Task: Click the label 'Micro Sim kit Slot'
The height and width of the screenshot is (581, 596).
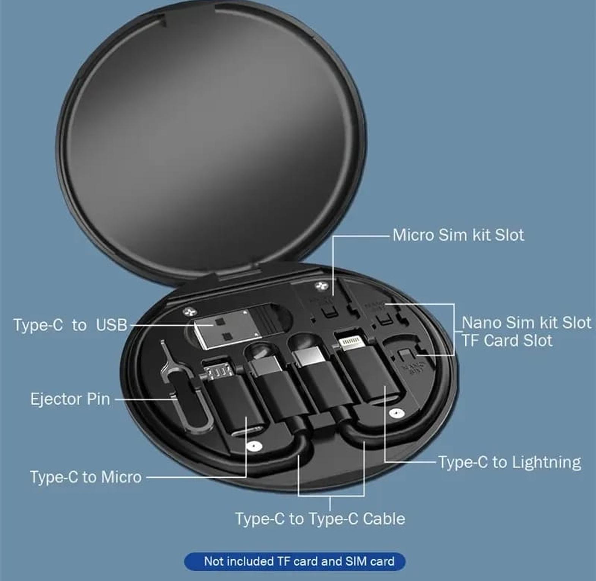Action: click(x=458, y=235)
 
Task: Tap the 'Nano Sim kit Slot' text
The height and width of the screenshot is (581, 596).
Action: click(x=526, y=323)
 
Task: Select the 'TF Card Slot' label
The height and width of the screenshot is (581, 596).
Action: click(x=507, y=340)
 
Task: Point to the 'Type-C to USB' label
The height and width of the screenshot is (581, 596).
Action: click(x=70, y=325)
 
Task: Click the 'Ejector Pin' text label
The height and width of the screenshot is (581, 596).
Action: click(x=70, y=399)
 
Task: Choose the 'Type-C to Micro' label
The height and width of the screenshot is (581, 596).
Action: click(x=86, y=477)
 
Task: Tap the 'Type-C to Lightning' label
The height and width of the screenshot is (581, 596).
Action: click(x=510, y=462)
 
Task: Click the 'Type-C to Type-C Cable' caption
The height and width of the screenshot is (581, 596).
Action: click(x=320, y=519)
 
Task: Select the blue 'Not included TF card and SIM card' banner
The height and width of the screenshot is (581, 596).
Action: click(x=295, y=561)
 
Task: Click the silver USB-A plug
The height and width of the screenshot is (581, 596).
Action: click(x=227, y=329)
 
